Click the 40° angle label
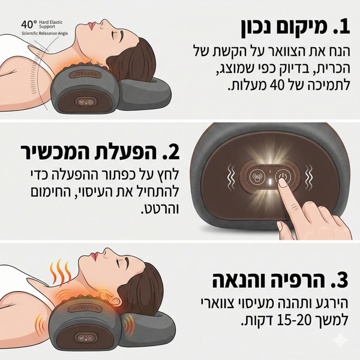[29, 24]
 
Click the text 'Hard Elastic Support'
[51, 25]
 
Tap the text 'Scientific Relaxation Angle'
[45, 34]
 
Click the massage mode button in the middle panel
[256, 176]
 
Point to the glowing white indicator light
[270, 182]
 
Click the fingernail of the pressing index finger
[283, 183]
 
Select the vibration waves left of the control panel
[231, 177]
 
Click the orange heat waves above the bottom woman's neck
[61, 273]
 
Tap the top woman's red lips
[92, 25]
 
